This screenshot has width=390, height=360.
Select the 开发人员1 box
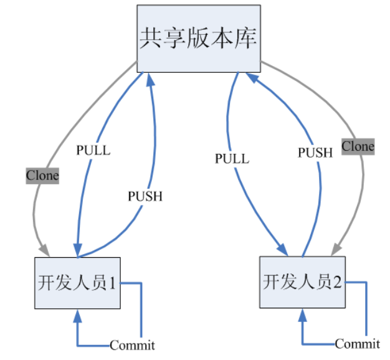pyautogui.click(x=77, y=283)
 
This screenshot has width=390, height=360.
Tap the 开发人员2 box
pyautogui.click(x=303, y=282)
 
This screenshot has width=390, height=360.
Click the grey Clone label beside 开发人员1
pyautogui.click(x=42, y=176)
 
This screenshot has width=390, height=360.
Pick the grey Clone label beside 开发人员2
pyautogui.click(x=358, y=147)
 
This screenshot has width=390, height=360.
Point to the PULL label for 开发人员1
pyautogui.click(x=93, y=150)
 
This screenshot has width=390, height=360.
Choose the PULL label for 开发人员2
pyautogui.click(x=232, y=158)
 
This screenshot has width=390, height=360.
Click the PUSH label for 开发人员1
pyautogui.click(x=145, y=196)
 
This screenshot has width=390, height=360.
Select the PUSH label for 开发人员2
pyautogui.click(x=315, y=152)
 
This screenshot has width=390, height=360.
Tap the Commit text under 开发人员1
pyautogui.click(x=132, y=345)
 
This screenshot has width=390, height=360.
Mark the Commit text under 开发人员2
pyautogui.click(x=357, y=344)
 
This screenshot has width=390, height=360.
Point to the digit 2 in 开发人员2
pyautogui.click(x=337, y=282)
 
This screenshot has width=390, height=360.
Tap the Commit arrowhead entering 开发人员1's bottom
pyautogui.click(x=77, y=314)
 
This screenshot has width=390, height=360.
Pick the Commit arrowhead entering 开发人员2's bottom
pyautogui.click(x=303, y=313)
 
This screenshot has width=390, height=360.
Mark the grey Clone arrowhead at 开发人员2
pyautogui.click(x=335, y=249)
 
